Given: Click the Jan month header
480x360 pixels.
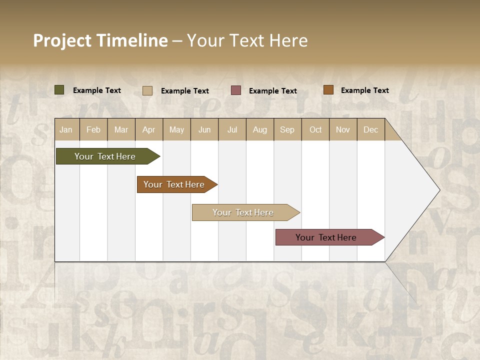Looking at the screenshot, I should click(66, 129).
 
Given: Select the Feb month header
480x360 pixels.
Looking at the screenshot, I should click(93, 129).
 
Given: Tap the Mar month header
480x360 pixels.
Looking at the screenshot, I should click(121, 129).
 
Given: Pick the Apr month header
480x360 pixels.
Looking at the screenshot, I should click(148, 129).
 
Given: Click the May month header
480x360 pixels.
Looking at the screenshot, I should click(176, 129).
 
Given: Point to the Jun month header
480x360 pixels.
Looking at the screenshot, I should click(204, 129).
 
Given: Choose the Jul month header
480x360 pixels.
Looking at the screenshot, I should click(232, 129).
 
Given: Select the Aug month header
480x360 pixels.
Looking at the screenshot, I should click(259, 129).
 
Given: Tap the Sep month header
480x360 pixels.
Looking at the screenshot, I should click(287, 129).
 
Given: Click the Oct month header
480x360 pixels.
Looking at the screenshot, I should click(315, 129).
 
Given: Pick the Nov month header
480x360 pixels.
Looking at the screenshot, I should click(343, 129).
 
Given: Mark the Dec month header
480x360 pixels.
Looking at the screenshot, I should click(370, 129).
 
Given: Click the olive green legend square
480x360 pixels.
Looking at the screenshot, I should click(59, 90).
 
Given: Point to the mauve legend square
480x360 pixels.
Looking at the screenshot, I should click(236, 90).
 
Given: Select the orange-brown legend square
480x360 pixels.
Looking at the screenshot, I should click(328, 90).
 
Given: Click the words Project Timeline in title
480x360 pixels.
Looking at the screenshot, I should click(100, 40).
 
